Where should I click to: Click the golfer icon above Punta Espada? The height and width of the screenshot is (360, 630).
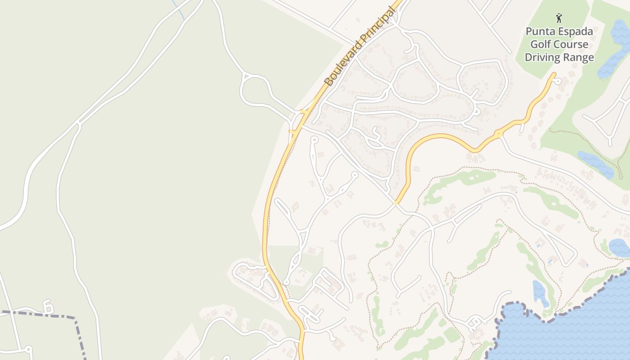tap(559, 18)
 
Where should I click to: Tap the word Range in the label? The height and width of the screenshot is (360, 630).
tap(578, 58)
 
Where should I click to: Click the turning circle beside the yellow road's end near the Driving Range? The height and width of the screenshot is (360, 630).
tap(558, 81)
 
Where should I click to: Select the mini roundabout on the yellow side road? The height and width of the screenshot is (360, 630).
tap(498, 134)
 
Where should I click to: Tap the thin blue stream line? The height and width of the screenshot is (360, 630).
tap(178, 9)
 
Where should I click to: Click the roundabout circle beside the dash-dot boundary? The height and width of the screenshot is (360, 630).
tap(28, 349)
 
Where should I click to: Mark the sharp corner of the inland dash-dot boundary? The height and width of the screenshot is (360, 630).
tap(74, 318)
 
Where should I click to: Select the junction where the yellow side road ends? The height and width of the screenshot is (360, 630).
tap(396, 203)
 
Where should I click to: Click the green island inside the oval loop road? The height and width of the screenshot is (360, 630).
tap(254, 92)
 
